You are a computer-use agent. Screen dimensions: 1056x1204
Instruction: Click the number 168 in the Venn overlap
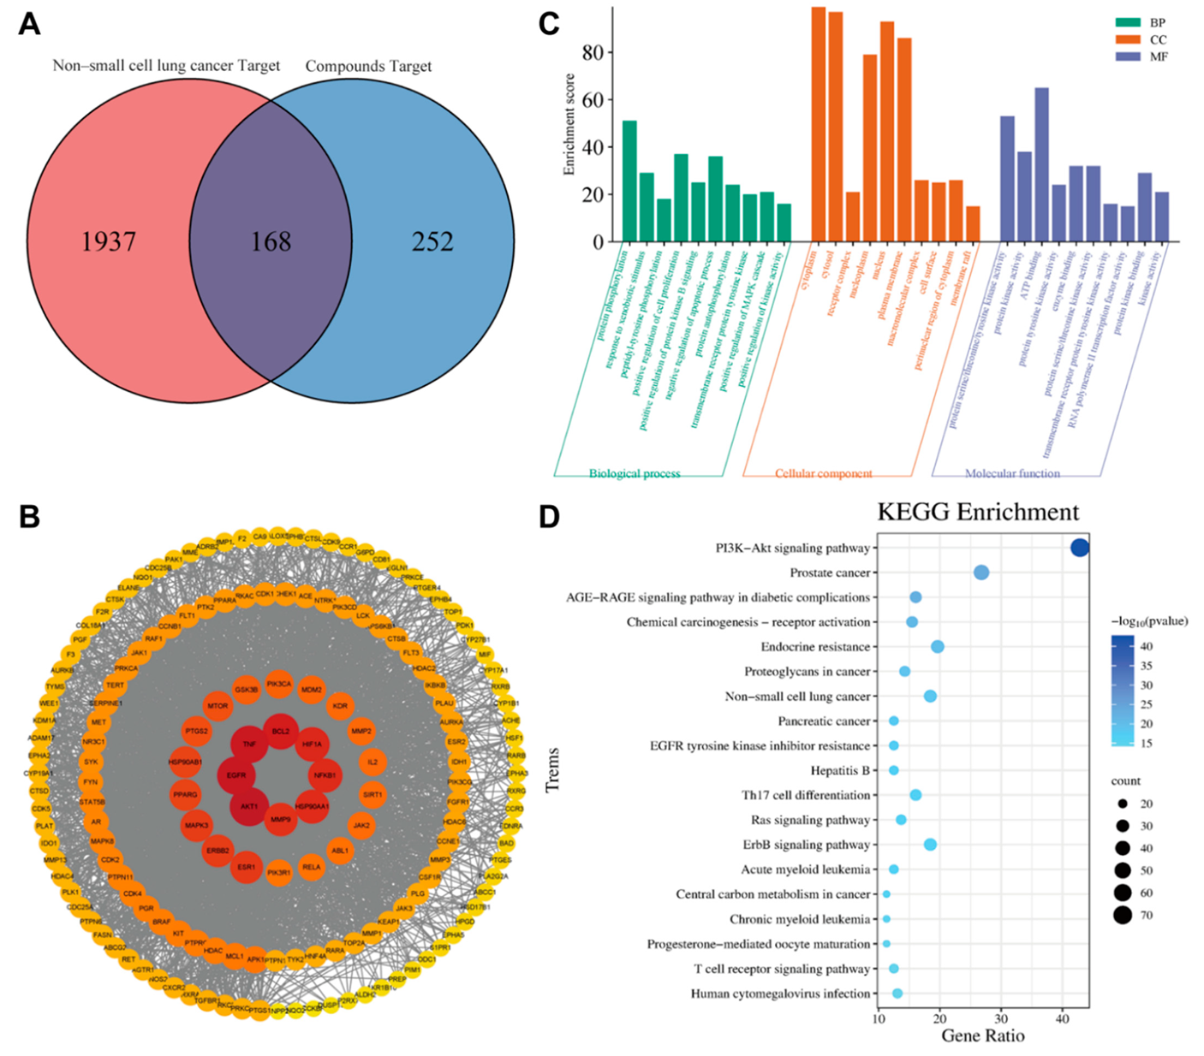271,242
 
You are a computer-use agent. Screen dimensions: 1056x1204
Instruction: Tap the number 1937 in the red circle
109,242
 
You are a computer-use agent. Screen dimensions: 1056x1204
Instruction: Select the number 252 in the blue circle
432,242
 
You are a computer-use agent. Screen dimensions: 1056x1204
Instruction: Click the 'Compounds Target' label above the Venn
368,67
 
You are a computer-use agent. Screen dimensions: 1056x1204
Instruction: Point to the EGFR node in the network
236,775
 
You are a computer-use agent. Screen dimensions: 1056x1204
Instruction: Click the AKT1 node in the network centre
248,807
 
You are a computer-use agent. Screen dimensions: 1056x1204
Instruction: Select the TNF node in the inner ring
249,745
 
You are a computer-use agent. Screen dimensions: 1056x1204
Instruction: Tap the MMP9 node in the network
280,820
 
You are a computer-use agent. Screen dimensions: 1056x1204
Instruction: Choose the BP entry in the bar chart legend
1157,23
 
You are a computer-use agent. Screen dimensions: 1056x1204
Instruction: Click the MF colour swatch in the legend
1128,56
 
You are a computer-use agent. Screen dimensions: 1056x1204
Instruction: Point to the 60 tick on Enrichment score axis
593,100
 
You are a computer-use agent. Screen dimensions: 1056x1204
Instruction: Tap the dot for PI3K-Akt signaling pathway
1080,548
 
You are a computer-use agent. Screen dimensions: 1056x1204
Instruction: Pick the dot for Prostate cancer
981,572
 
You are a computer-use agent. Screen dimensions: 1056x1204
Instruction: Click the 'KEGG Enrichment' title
978,512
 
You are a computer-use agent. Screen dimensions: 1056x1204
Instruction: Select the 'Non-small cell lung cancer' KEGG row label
797,697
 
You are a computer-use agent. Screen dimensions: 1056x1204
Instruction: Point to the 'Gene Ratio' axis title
982,1035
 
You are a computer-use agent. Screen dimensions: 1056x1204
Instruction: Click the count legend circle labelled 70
1123,916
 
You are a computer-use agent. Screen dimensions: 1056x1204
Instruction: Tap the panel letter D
549,517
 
